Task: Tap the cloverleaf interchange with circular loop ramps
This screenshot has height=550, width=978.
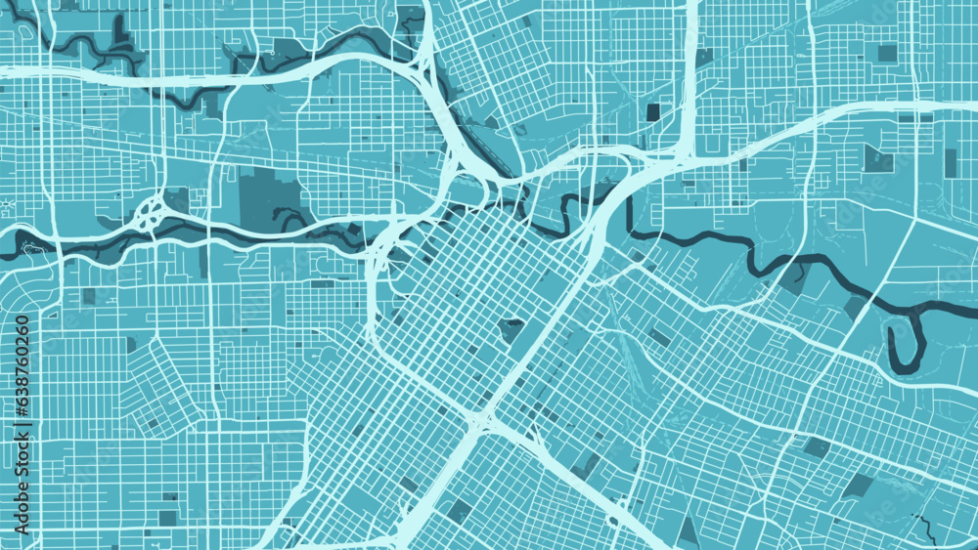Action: coord(149,212)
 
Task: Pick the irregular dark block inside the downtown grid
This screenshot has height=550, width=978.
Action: coord(511,329)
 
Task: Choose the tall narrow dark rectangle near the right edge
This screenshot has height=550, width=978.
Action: coord(950,162)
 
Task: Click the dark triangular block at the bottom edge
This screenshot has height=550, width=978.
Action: coord(689,532)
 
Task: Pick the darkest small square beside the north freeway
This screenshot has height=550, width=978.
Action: coord(652,112)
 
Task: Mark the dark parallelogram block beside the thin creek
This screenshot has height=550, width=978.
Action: coord(859,486)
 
